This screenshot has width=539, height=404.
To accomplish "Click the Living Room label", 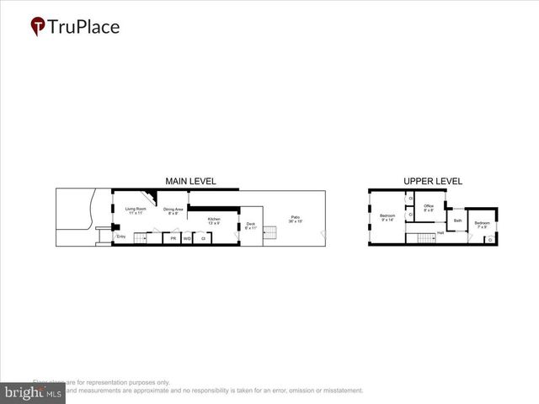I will (x=136, y=210).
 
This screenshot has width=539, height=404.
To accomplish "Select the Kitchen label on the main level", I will (x=214, y=221).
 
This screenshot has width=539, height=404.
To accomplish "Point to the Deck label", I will (x=251, y=226).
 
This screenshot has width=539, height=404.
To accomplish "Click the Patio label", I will (x=296, y=219).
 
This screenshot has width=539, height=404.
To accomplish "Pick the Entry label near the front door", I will (x=120, y=237).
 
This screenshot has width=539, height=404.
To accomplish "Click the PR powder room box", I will (x=173, y=239).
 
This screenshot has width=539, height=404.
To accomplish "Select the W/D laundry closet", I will (x=187, y=239).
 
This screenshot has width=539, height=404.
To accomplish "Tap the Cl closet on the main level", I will (x=204, y=239).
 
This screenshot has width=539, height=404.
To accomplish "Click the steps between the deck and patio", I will (x=270, y=233).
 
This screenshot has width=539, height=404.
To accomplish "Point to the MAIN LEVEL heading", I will (x=190, y=181).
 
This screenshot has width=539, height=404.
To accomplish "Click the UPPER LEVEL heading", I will (x=433, y=181).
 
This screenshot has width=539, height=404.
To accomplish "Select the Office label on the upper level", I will (x=429, y=208).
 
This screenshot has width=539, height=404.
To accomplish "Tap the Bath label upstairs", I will (x=457, y=221).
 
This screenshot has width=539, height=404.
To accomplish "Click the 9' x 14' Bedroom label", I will (x=387, y=218).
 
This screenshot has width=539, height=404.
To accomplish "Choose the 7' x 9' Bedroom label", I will (x=482, y=224).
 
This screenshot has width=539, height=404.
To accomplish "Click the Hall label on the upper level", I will (x=440, y=232).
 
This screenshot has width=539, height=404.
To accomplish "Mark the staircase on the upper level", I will (x=419, y=239).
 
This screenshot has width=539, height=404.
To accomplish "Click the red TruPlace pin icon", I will (x=38, y=27).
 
